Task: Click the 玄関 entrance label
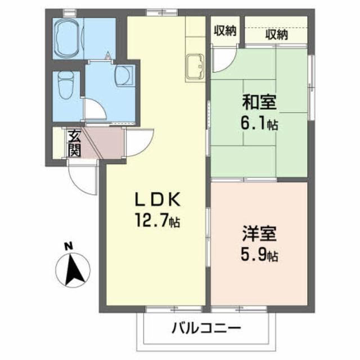(74, 142)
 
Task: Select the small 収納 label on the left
(224, 31)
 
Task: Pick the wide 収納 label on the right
(276, 34)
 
